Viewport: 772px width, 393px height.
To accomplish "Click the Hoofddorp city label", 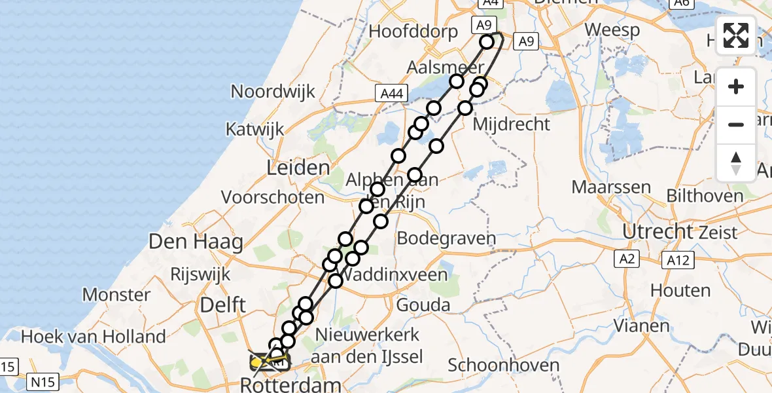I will [x=413, y=31].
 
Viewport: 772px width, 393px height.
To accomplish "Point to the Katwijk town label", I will [x=255, y=129].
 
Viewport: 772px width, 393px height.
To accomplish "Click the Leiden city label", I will [x=298, y=168].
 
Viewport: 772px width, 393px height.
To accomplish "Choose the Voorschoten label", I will [x=273, y=196].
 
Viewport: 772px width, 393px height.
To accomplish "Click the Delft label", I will [x=224, y=304].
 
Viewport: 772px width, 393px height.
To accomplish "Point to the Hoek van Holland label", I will [x=94, y=337].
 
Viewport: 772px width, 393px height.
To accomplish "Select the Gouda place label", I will [x=423, y=305].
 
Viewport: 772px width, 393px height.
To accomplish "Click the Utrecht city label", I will [x=658, y=231].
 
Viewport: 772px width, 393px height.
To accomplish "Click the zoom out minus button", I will [x=736, y=125].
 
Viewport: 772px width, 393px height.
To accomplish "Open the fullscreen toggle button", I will [x=736, y=35].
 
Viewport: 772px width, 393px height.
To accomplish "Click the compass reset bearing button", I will [x=736, y=162].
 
